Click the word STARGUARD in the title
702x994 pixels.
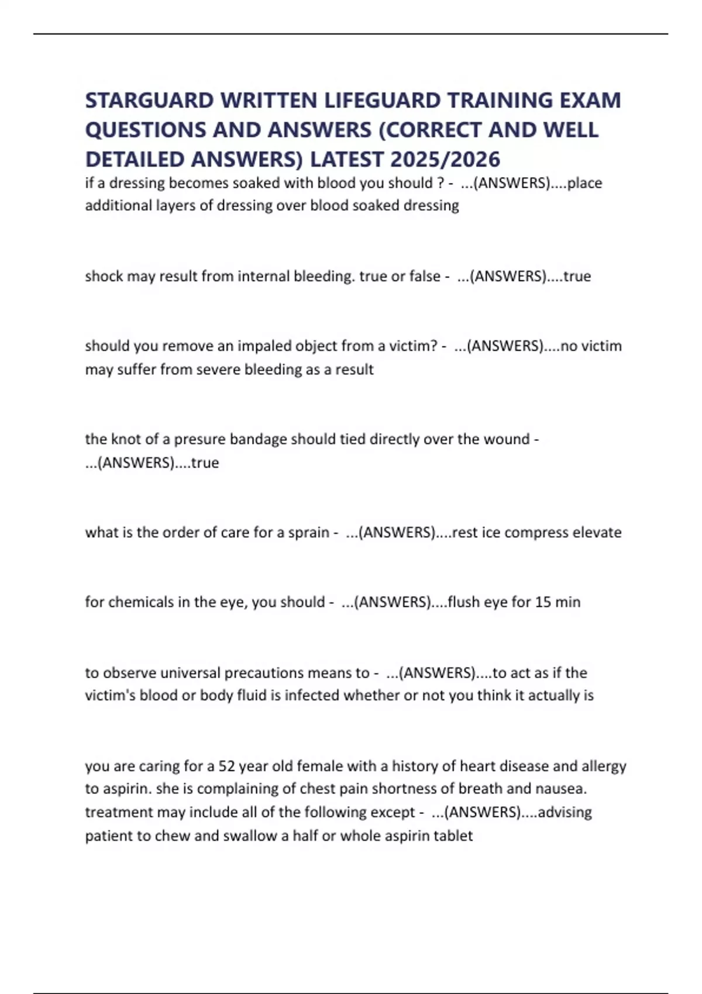tap(149, 101)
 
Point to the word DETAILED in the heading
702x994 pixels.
tap(135, 159)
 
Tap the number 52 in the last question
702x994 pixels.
tap(226, 766)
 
